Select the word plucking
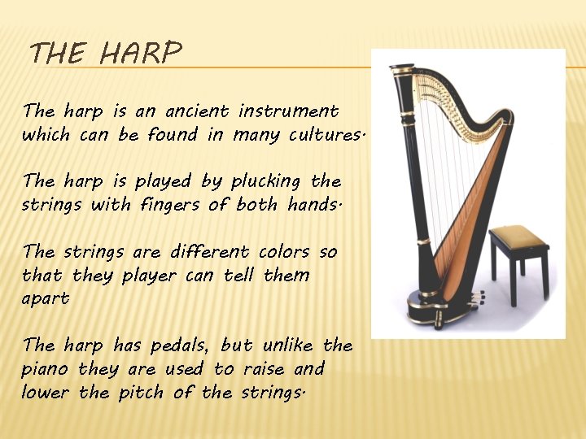click(265, 181)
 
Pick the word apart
click(46, 299)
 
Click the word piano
click(46, 370)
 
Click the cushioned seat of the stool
click(518, 237)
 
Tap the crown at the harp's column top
click(402, 72)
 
